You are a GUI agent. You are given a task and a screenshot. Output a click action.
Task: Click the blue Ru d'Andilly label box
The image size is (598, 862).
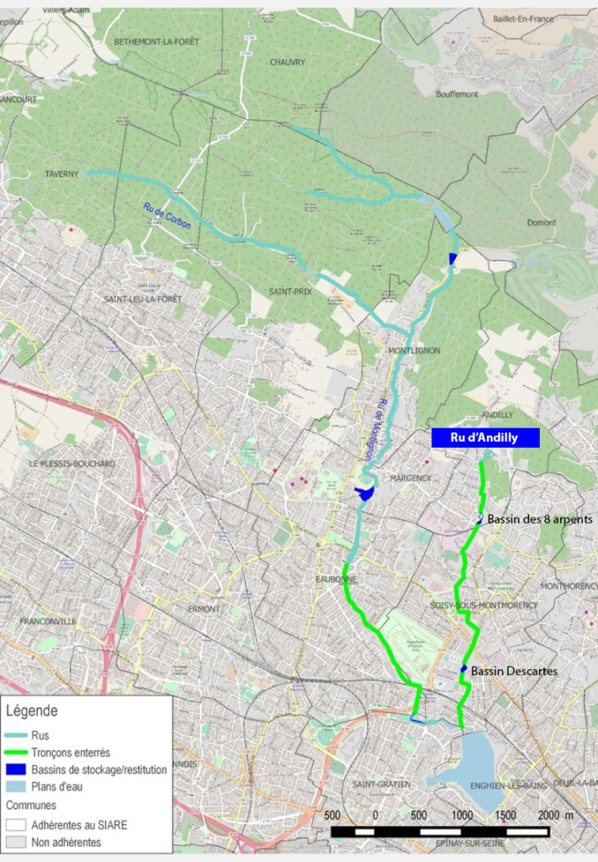click(x=485, y=437)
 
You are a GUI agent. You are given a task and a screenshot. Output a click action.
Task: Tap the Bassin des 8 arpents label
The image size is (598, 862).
click(x=540, y=519)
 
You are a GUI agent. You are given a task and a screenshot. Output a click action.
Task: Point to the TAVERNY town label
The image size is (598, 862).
click(x=61, y=174)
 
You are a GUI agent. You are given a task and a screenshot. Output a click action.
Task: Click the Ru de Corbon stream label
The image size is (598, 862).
click(x=167, y=215)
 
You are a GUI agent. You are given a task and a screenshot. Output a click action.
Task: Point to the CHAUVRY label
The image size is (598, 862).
click(x=288, y=62)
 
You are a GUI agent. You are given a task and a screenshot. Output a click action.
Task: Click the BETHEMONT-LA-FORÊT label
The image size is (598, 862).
click(x=156, y=41)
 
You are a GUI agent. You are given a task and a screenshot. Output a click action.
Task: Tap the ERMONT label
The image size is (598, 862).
click(x=204, y=609)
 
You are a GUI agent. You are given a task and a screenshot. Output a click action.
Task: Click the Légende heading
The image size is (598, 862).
click(x=32, y=711)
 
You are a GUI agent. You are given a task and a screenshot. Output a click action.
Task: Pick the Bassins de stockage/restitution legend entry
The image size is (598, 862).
click(x=98, y=769)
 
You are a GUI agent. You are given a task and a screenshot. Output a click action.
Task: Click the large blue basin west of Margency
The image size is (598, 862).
click(x=365, y=494)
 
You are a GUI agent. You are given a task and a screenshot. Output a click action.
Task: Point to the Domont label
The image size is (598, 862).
click(x=542, y=223)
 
